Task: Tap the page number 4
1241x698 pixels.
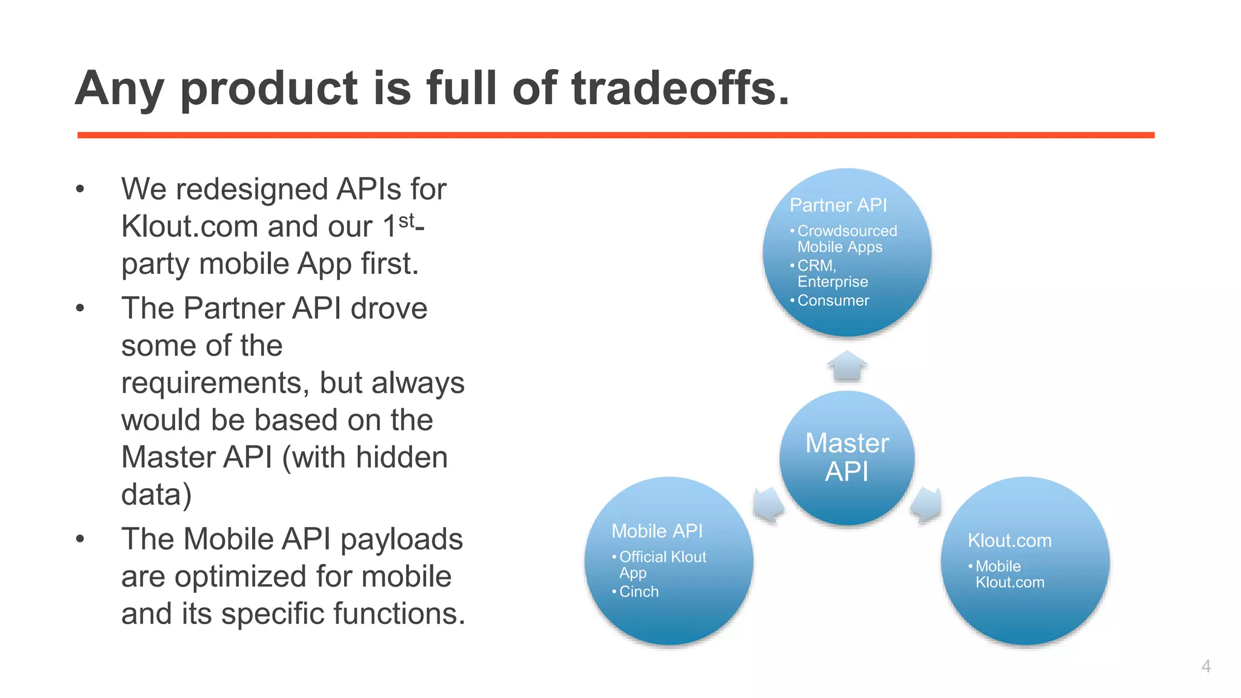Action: point(1206,666)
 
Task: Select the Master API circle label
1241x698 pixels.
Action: point(847,457)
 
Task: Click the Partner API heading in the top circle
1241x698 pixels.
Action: point(838,205)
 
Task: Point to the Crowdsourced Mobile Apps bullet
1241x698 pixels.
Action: point(846,239)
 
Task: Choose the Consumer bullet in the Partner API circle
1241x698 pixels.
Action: point(833,301)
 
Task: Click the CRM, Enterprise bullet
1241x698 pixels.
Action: point(831,273)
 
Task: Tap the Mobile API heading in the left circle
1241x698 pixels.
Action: point(657,531)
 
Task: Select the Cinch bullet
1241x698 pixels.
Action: point(638,591)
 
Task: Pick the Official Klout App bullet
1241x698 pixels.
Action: point(662,564)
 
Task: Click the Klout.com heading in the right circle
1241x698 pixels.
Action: point(1010,540)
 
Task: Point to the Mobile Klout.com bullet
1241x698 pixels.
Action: point(1009,574)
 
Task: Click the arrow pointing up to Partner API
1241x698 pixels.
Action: point(847,365)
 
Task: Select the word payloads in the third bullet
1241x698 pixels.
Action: point(401,539)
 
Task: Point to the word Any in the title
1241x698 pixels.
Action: point(119,88)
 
